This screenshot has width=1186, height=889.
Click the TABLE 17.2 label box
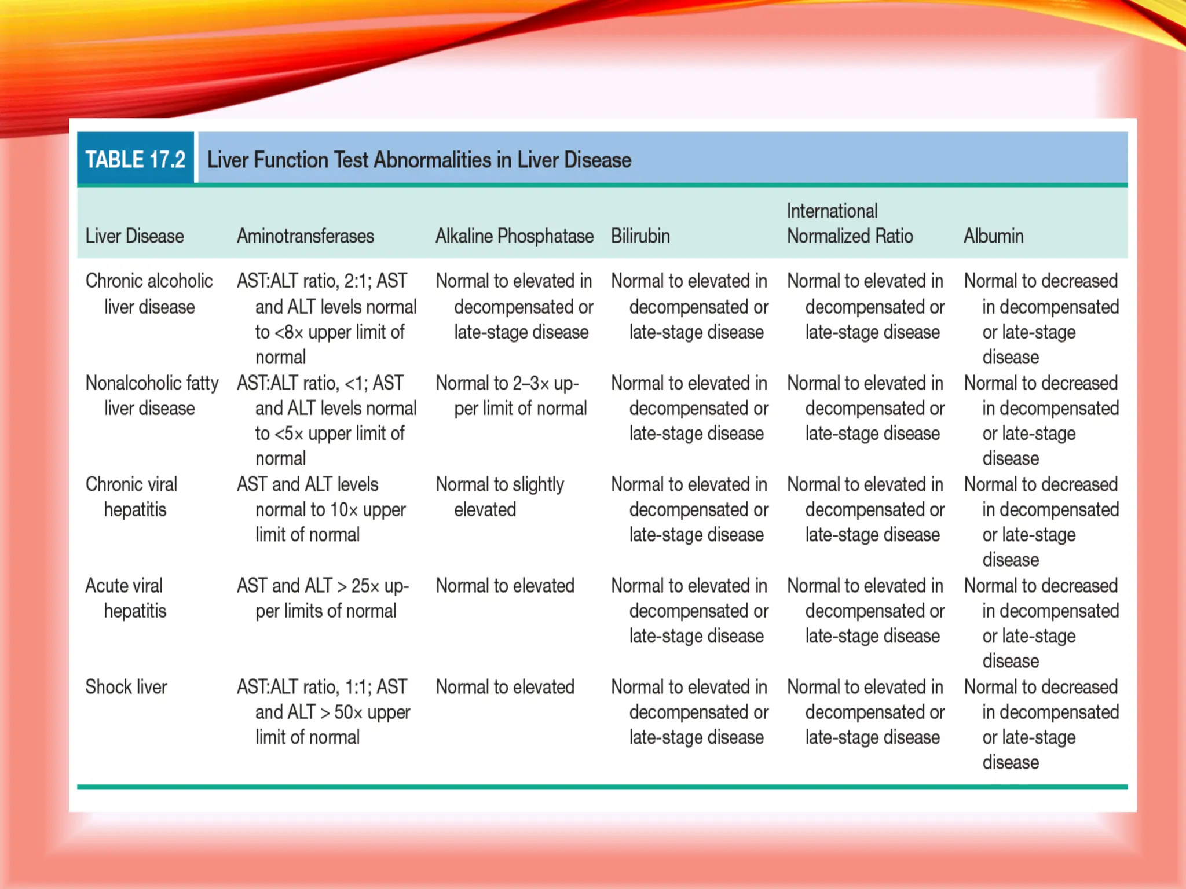click(136, 159)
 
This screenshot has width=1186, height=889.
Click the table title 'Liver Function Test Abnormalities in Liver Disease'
click(419, 160)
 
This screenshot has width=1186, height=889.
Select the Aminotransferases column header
click(305, 236)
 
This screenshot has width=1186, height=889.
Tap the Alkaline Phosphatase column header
click(514, 236)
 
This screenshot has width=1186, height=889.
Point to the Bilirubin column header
click(640, 236)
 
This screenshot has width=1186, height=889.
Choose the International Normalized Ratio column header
click(849, 223)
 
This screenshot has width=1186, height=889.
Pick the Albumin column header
click(993, 236)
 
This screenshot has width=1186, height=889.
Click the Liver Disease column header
click(134, 236)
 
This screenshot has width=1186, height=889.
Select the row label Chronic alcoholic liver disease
click(149, 294)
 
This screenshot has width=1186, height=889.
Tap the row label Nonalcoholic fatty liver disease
click(152, 395)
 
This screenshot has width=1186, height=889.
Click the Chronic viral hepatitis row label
click(132, 497)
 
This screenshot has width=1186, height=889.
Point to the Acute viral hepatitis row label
click(125, 598)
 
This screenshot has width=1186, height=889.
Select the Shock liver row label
click(126, 687)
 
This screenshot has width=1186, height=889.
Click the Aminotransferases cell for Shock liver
click(323, 712)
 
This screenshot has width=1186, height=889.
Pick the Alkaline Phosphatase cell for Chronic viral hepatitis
click(499, 497)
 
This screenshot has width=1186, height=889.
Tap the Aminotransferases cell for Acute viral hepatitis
click(323, 598)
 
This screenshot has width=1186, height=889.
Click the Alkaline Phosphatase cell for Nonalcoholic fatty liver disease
click(510, 395)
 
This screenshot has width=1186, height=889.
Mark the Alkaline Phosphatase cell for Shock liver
click(505, 687)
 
